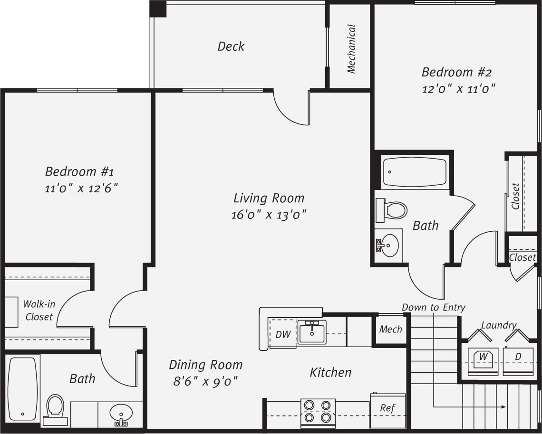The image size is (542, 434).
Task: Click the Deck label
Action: click(231, 47)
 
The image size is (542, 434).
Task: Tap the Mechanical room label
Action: click(351, 49)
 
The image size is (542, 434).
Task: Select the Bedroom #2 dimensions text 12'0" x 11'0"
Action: click(459, 89)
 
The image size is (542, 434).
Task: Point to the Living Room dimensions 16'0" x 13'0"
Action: click(269, 215)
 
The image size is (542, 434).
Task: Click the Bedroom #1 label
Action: click(79, 171)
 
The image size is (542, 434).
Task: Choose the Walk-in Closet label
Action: click(39, 310)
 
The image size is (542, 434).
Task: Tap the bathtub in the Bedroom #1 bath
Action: click(22, 388)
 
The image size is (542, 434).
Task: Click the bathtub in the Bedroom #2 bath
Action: click(415, 172)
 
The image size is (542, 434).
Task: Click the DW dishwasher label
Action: click(283, 334)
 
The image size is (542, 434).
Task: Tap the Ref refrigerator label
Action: click(387, 408)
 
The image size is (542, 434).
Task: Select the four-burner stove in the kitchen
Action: click(318, 411)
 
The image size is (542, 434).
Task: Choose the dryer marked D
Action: click(518, 361)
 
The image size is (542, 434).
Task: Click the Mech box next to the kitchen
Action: click(390, 329)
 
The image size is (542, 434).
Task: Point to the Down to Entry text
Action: click(433, 308)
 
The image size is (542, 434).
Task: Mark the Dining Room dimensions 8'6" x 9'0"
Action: click(205, 381)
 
